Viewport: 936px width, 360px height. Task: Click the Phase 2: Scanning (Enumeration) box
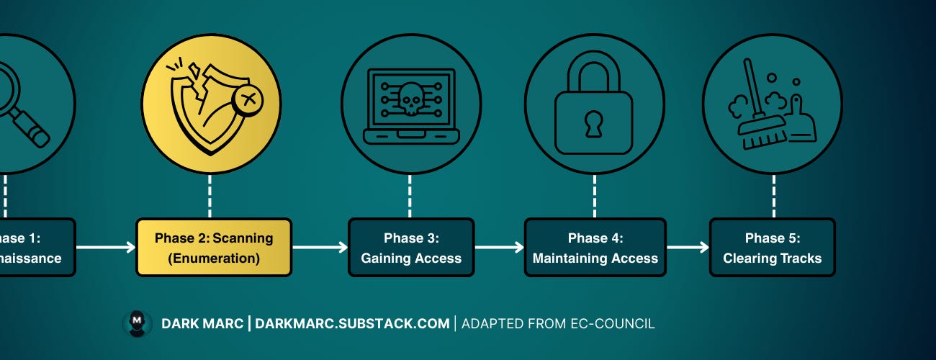pos(214,248)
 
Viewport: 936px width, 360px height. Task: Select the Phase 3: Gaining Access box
pos(411,248)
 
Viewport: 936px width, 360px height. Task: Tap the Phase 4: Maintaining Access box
pos(595,248)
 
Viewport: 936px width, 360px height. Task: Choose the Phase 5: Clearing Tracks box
pos(772,248)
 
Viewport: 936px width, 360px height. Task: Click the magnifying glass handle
pos(32,130)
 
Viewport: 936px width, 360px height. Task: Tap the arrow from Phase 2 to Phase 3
pos(319,248)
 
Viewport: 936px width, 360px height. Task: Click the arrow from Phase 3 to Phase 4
pos(499,248)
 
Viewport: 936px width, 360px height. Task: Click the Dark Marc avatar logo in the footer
pos(137,324)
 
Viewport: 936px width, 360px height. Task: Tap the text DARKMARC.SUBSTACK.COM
pos(352,324)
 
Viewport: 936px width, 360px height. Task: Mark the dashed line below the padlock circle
pos(594,196)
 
